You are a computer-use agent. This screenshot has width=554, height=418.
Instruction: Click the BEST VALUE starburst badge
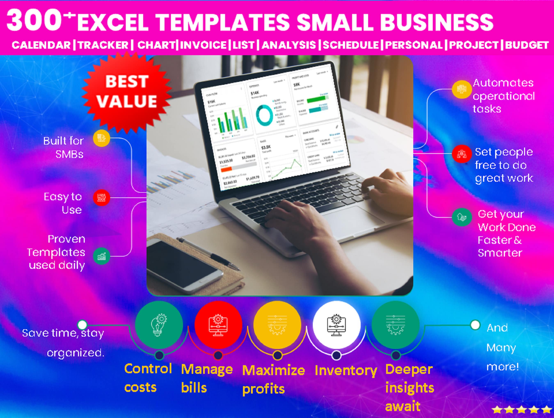pyautogui.click(x=127, y=92)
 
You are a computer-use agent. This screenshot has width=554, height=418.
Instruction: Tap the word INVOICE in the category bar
pyautogui.click(x=203, y=45)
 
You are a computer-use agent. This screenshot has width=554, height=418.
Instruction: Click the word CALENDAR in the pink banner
pyautogui.click(x=41, y=45)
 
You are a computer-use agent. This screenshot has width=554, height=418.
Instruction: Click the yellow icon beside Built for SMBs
pyautogui.click(x=101, y=138)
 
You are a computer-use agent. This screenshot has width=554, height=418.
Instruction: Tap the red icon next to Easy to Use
pyautogui.click(x=101, y=198)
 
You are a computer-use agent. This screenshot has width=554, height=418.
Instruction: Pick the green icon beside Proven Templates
pyautogui.click(x=101, y=256)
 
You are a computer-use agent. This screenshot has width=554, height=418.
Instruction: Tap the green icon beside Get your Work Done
pyautogui.click(x=462, y=217)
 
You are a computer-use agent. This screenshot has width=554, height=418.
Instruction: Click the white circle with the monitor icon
pyautogui.click(x=336, y=325)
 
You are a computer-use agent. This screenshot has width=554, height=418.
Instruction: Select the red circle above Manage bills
pyautogui.click(x=218, y=325)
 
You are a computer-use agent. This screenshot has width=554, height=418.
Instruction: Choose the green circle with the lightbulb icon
pyautogui.click(x=159, y=325)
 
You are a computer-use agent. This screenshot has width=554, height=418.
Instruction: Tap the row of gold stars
pyautogui.click(x=521, y=410)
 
